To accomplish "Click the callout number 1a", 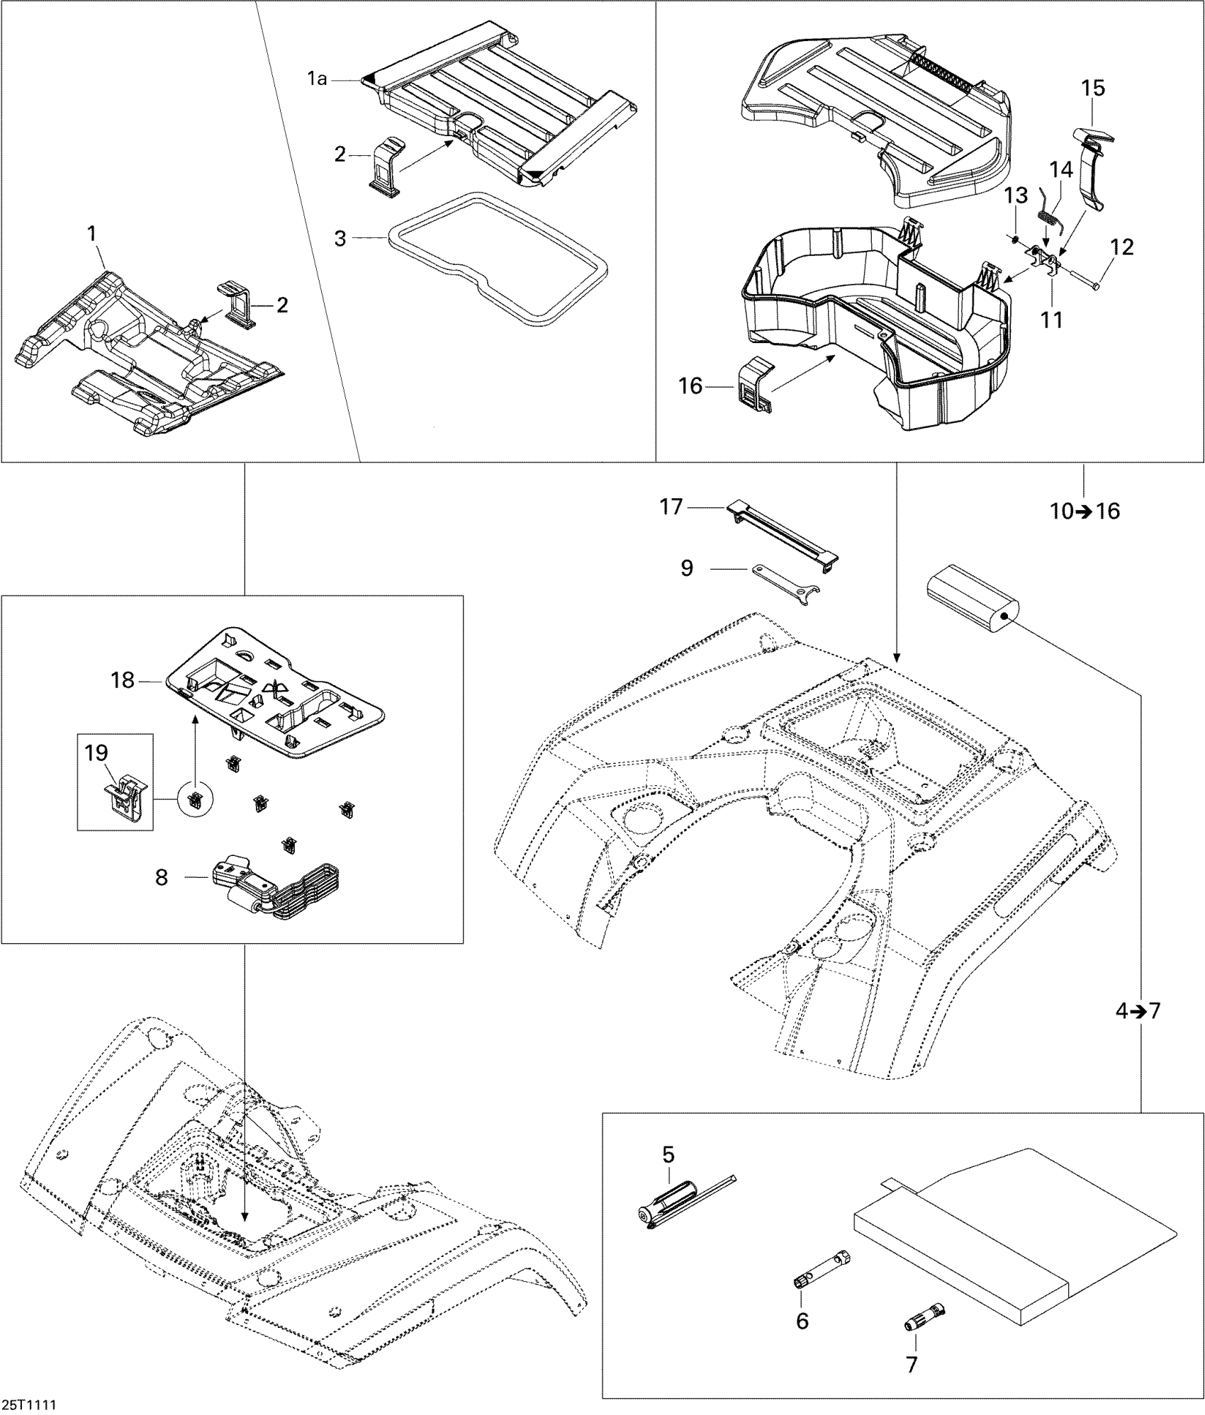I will pyautogui.click(x=317, y=79).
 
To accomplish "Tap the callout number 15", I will pyautogui.click(x=1093, y=89).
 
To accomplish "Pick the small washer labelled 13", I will pyautogui.click(x=1014, y=239).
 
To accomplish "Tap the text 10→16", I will pyautogui.click(x=1084, y=511).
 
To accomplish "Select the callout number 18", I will pyautogui.click(x=123, y=680).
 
